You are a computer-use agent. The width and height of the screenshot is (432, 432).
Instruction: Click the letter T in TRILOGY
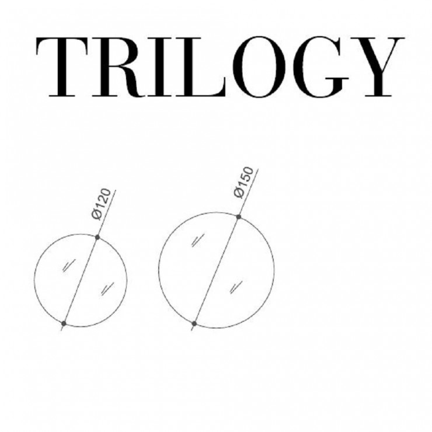coord(62,67)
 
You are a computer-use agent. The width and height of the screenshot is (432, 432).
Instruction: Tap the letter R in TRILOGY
coord(118,67)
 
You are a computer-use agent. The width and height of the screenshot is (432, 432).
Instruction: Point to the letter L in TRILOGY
coord(201,67)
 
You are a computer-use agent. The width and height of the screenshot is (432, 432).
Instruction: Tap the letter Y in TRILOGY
coord(378,67)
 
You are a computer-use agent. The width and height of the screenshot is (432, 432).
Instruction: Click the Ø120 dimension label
coord(102,204)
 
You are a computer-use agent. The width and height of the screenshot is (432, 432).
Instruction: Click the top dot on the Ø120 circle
coord(97,237)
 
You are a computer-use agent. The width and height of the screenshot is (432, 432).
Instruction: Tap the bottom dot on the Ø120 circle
coord(64,323)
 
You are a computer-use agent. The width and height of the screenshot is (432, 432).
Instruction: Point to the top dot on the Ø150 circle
coord(239,217)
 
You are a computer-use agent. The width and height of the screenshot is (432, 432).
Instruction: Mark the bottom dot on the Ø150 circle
coord(194,323)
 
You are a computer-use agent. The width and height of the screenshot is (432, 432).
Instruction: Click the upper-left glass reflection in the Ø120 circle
coord(69,265)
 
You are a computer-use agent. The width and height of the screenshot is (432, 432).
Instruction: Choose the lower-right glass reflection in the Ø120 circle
coord(107,289)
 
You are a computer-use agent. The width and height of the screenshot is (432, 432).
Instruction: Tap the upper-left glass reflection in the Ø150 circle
coord(198,241)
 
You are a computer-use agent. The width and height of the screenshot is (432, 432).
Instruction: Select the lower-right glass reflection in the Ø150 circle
coord(236,287)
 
